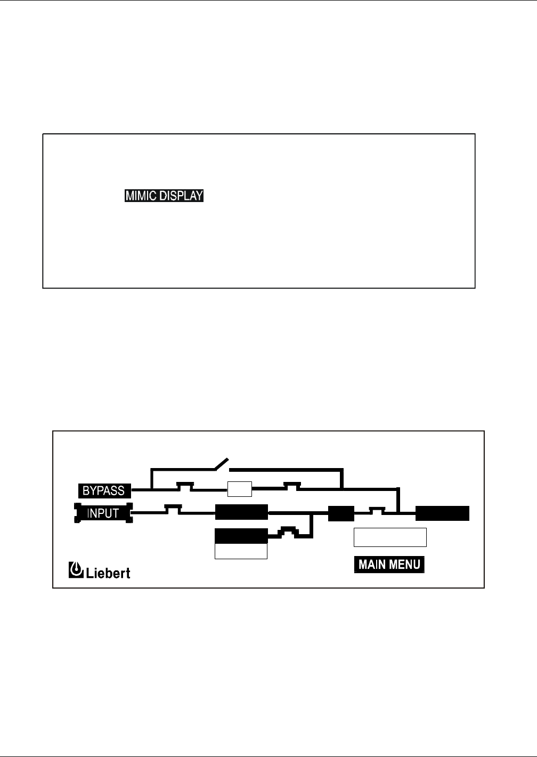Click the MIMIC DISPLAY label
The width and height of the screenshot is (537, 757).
point(164,196)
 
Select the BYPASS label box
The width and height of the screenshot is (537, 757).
point(103,490)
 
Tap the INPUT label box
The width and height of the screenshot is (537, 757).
point(103,513)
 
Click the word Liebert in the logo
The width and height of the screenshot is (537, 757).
point(109,573)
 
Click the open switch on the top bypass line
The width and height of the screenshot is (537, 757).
point(221,464)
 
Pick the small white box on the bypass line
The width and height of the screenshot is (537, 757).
point(239,488)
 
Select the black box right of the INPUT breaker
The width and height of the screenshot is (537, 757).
point(241,512)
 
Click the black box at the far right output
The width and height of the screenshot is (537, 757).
point(442,513)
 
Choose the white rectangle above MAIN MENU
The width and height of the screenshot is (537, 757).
point(390,537)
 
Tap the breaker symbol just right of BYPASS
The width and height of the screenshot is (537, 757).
point(185,486)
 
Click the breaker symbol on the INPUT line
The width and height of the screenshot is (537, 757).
point(173,510)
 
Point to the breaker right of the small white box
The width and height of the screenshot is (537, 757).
point(292,486)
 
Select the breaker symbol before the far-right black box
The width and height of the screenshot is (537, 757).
point(377,510)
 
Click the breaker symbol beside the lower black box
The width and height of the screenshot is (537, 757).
point(288,531)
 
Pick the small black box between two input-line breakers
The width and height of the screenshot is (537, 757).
point(341,513)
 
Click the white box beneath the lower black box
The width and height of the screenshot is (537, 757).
point(241,551)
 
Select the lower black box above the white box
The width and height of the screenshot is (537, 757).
point(241,536)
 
